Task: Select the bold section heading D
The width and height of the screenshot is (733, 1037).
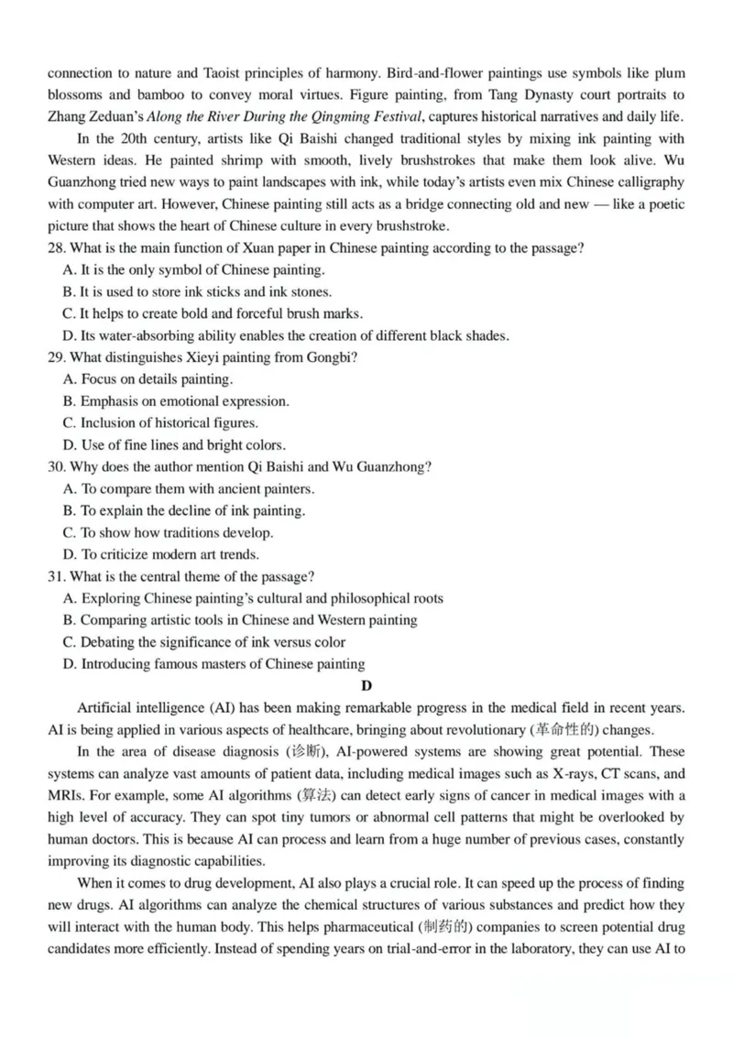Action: [x=366, y=685]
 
